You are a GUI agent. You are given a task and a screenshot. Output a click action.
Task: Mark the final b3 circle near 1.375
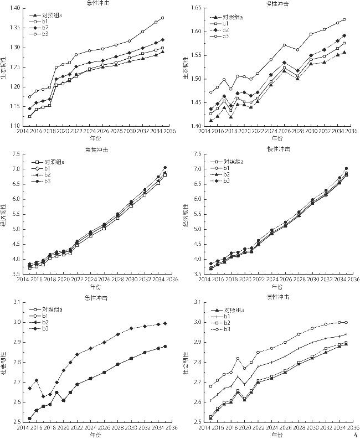(x=162, y=18)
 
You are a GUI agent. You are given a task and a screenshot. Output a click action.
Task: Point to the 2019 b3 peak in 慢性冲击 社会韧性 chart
(x=238, y=358)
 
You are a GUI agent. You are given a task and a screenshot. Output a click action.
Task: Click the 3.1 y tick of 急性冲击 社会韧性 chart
(x=16, y=302)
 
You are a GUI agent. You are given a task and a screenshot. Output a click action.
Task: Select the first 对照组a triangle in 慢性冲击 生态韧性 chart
(x=210, y=120)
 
